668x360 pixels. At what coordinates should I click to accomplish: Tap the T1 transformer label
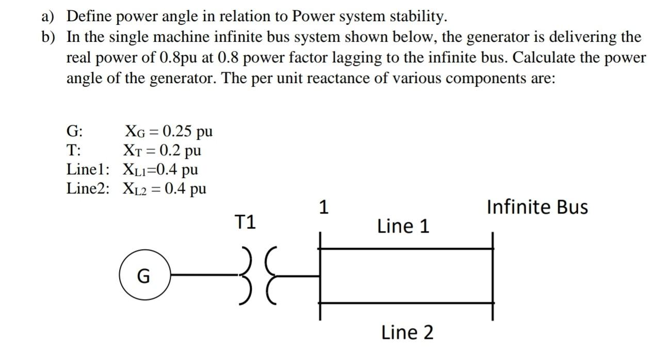click(x=245, y=222)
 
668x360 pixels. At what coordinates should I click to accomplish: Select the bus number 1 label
click(x=323, y=207)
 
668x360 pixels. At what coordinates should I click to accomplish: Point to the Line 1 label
click(x=403, y=226)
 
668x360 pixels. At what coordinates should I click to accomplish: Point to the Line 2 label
click(x=407, y=332)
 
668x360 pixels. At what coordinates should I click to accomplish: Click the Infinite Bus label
click(x=537, y=207)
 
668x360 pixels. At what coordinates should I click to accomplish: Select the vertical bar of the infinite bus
click(x=493, y=276)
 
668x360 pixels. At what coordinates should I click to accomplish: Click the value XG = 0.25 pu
click(x=168, y=131)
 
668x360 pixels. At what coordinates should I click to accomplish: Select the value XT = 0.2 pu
click(x=161, y=150)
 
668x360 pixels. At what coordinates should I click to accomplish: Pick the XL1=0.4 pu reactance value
click(x=160, y=169)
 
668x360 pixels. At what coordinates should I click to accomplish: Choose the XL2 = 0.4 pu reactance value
click(x=164, y=188)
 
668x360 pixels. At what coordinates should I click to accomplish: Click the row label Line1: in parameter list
click(x=88, y=169)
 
